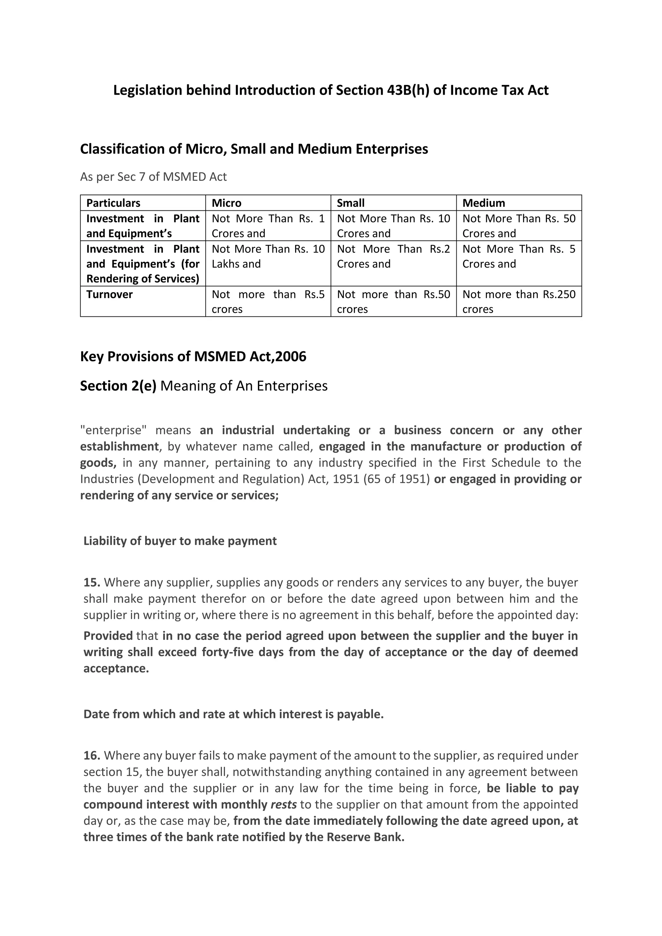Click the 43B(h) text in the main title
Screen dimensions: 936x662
(406, 90)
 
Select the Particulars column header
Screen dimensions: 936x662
(113, 203)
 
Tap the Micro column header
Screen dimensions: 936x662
(227, 203)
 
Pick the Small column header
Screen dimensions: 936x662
(351, 203)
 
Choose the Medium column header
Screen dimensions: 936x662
(484, 203)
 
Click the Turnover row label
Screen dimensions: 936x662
(110, 294)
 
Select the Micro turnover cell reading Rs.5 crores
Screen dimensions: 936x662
(268, 302)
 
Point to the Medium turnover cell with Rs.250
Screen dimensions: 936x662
(518, 302)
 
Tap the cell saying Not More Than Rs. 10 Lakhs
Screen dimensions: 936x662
(268, 256)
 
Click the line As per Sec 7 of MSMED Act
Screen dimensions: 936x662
(153, 177)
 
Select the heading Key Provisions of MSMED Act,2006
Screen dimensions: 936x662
(193, 357)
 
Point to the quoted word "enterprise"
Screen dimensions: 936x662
(113, 430)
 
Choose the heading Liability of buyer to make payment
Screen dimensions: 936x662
(180, 541)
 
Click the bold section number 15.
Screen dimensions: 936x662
(92, 582)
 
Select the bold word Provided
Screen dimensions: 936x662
(108, 636)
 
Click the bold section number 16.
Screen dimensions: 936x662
(92, 755)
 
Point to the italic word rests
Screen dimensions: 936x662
(284, 804)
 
